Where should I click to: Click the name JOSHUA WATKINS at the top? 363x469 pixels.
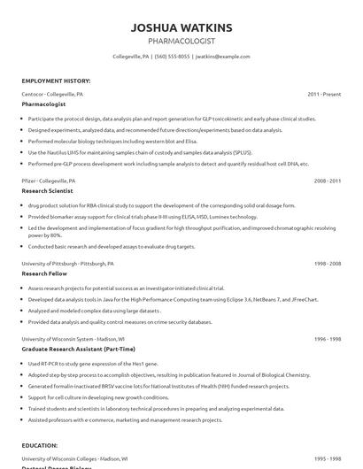coord(181,27)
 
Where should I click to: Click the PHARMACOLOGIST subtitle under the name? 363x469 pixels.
coord(181,41)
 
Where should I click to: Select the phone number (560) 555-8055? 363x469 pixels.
coord(172,57)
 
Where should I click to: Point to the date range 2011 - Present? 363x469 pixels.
coord(324,93)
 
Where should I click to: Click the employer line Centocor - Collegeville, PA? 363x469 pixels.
coord(53,93)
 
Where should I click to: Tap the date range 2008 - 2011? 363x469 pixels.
coord(327,180)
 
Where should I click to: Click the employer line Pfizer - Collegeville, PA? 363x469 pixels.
coord(49,180)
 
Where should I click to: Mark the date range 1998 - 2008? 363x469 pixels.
coord(327,264)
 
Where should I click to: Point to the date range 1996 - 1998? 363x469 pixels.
coord(327,339)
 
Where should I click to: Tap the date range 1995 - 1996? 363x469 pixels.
coord(327,459)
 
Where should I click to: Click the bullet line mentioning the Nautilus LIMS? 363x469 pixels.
coord(133,152)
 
